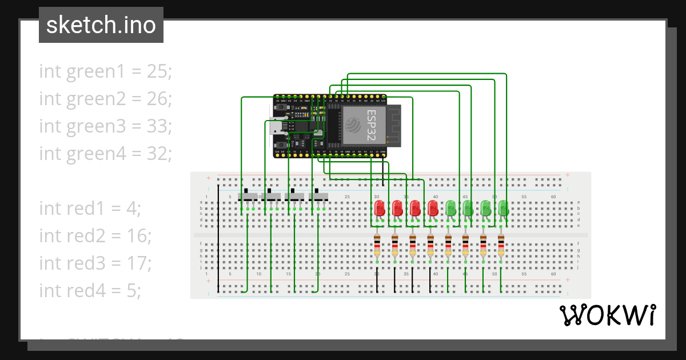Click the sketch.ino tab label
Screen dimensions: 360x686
click(x=101, y=25)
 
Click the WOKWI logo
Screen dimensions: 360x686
click(x=607, y=315)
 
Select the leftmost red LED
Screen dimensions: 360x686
click(x=379, y=207)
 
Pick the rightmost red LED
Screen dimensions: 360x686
click(x=433, y=207)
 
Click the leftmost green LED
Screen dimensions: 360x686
click(x=450, y=207)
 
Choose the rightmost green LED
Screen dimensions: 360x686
click(x=503, y=207)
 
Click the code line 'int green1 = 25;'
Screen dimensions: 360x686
click(x=105, y=71)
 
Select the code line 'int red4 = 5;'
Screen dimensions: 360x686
click(x=90, y=290)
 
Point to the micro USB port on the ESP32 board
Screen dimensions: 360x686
click(x=274, y=126)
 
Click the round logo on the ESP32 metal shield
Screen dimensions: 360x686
click(x=354, y=124)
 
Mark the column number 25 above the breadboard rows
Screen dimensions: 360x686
click(x=347, y=197)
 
